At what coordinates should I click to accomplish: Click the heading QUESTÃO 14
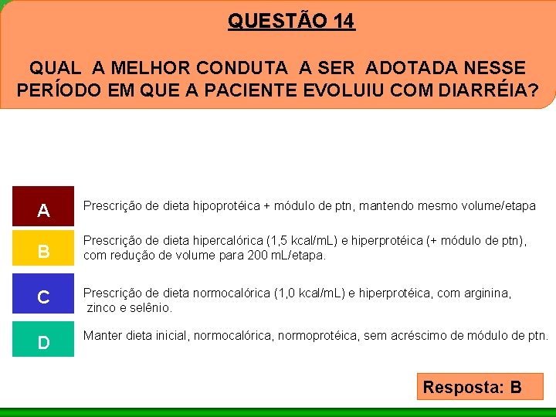click(x=291, y=21)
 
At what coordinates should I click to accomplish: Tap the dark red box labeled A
click(x=43, y=207)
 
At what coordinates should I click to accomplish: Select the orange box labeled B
click(x=43, y=249)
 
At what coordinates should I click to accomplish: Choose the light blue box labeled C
click(x=43, y=296)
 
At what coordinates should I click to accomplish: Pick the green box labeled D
click(x=43, y=339)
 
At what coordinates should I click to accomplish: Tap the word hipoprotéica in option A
click(x=221, y=206)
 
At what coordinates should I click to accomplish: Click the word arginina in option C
click(x=483, y=293)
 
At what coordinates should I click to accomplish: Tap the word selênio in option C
click(x=152, y=307)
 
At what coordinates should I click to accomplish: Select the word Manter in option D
click(x=103, y=336)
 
